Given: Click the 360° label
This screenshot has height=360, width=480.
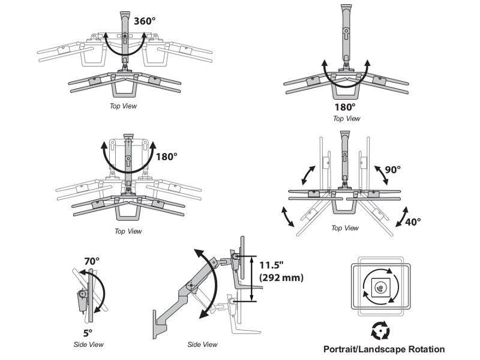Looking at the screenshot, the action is pyautogui.click(x=145, y=21).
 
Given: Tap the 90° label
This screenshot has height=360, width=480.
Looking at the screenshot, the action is pyautogui.click(x=392, y=170).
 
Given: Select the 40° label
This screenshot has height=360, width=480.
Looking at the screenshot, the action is pyautogui.click(x=413, y=221).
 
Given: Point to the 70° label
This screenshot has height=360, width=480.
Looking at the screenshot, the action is pyautogui.click(x=92, y=261).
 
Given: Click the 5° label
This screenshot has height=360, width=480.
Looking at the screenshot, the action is pyautogui.click(x=88, y=333).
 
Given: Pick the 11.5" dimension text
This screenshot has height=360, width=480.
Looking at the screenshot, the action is pyautogui.click(x=272, y=265).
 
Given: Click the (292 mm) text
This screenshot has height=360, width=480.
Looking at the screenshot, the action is pyautogui.click(x=281, y=278).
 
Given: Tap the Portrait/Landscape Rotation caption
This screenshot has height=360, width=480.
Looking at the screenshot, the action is pyautogui.click(x=384, y=349).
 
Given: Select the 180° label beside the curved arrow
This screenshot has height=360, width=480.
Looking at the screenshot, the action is pyautogui.click(x=167, y=157).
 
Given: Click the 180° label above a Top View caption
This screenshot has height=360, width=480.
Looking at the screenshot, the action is pyautogui.click(x=344, y=107).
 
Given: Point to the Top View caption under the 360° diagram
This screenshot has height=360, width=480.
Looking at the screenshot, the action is pyautogui.click(x=123, y=106).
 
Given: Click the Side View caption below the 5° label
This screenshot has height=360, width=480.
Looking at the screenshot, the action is pyautogui.click(x=88, y=344).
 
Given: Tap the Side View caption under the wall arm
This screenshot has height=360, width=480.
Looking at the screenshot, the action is pyautogui.click(x=202, y=344).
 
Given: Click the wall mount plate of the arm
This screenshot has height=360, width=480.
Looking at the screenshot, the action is pyautogui.click(x=155, y=325).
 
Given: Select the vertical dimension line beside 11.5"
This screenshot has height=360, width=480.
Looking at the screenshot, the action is pyautogui.click(x=251, y=278).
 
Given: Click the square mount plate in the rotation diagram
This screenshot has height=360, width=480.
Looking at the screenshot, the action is pyautogui.click(x=380, y=288).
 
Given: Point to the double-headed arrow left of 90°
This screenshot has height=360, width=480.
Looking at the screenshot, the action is pyautogui.click(x=308, y=175).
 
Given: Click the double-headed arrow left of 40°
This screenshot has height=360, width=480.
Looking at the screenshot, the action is pyautogui.click(x=288, y=217).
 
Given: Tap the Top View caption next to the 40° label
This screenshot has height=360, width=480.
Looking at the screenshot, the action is pyautogui.click(x=344, y=228).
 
